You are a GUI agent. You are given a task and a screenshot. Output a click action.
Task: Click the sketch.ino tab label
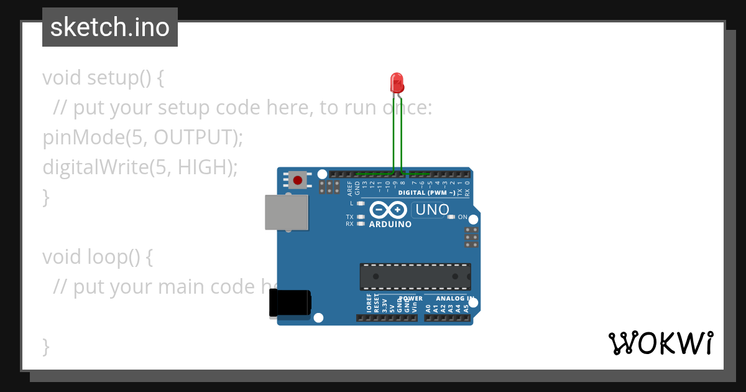pyautogui.click(x=110, y=27)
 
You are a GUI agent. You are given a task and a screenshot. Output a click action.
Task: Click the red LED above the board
pyautogui.click(x=397, y=82)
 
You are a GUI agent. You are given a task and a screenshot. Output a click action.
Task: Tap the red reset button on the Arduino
pyautogui.click(x=298, y=180)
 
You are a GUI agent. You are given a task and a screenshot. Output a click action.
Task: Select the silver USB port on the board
pyautogui.click(x=287, y=212)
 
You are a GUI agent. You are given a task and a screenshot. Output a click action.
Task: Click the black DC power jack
pyautogui.click(x=290, y=304)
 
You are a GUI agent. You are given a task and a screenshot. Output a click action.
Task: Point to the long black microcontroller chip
pyautogui.click(x=415, y=277)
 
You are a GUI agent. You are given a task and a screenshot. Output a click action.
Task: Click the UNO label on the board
pyautogui.click(x=432, y=210)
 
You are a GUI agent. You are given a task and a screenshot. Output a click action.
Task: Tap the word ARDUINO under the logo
pyautogui.click(x=390, y=224)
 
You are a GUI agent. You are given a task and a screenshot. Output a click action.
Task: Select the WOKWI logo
pyautogui.click(x=660, y=343)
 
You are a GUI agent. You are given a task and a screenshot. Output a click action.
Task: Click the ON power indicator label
pyautogui.click(x=463, y=217)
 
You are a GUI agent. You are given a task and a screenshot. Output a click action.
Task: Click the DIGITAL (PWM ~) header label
pyautogui.click(x=426, y=193)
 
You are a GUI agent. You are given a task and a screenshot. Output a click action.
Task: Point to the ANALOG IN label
pyautogui.click(x=454, y=299)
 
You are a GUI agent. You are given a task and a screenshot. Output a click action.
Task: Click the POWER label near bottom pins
pyautogui.click(x=410, y=299)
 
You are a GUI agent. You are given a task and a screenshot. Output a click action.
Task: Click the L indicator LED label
pyautogui.click(x=351, y=203)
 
